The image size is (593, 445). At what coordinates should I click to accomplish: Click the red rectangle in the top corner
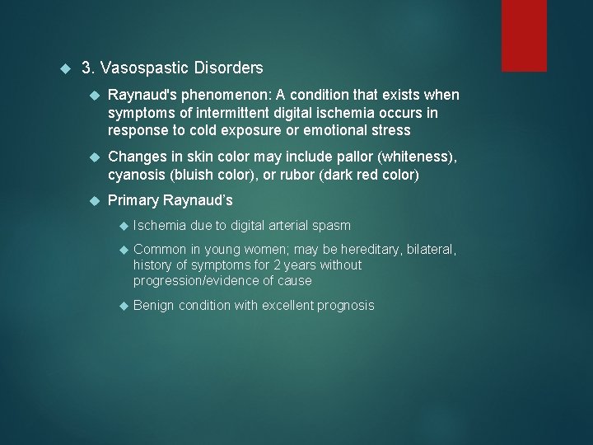pyautogui.click(x=525, y=35)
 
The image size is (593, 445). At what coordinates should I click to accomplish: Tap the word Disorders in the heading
pyautogui.click(x=228, y=68)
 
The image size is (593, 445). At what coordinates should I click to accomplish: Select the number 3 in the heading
pyautogui.click(x=86, y=68)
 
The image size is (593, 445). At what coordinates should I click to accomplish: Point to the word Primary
pyautogui.click(x=133, y=200)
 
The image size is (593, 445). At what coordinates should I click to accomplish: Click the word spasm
pyautogui.click(x=332, y=225)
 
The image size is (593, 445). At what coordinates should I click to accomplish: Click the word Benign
pyautogui.click(x=153, y=306)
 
